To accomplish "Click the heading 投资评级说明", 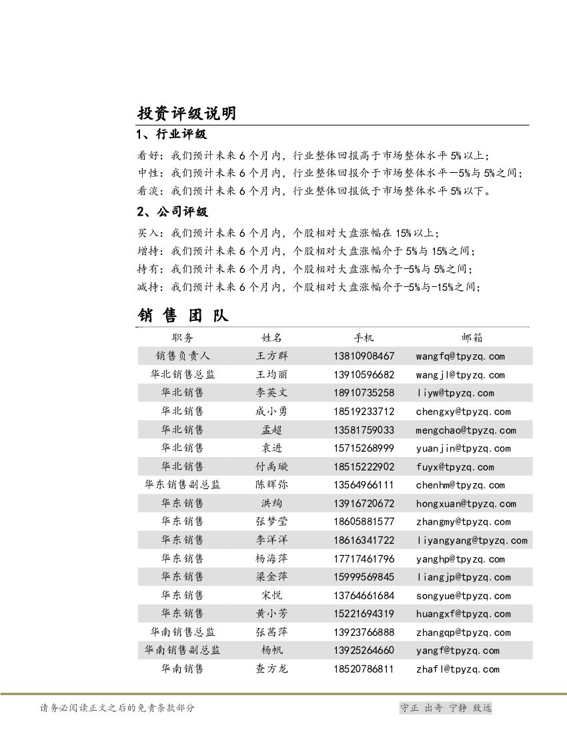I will pos(186,113).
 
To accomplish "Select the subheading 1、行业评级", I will pos(171,135).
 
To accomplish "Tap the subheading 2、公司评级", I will pos(172,212).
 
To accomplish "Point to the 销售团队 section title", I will pos(183,315).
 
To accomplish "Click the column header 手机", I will pos(364,338).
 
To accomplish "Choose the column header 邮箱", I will pos(472,338).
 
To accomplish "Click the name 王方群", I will pos(272,356).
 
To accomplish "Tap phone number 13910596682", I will pos(364,375).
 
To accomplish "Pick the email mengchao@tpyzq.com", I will pos(466,430).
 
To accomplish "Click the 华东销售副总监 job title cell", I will pos(182,485).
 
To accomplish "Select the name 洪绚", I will pos(272,504).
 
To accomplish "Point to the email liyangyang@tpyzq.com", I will pos(472,540).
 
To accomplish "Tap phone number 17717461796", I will pos(364,559).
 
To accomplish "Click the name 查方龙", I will pos(272,669).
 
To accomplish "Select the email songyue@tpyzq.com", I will pos(463,596).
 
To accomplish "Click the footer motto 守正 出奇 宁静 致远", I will pos(445,708).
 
